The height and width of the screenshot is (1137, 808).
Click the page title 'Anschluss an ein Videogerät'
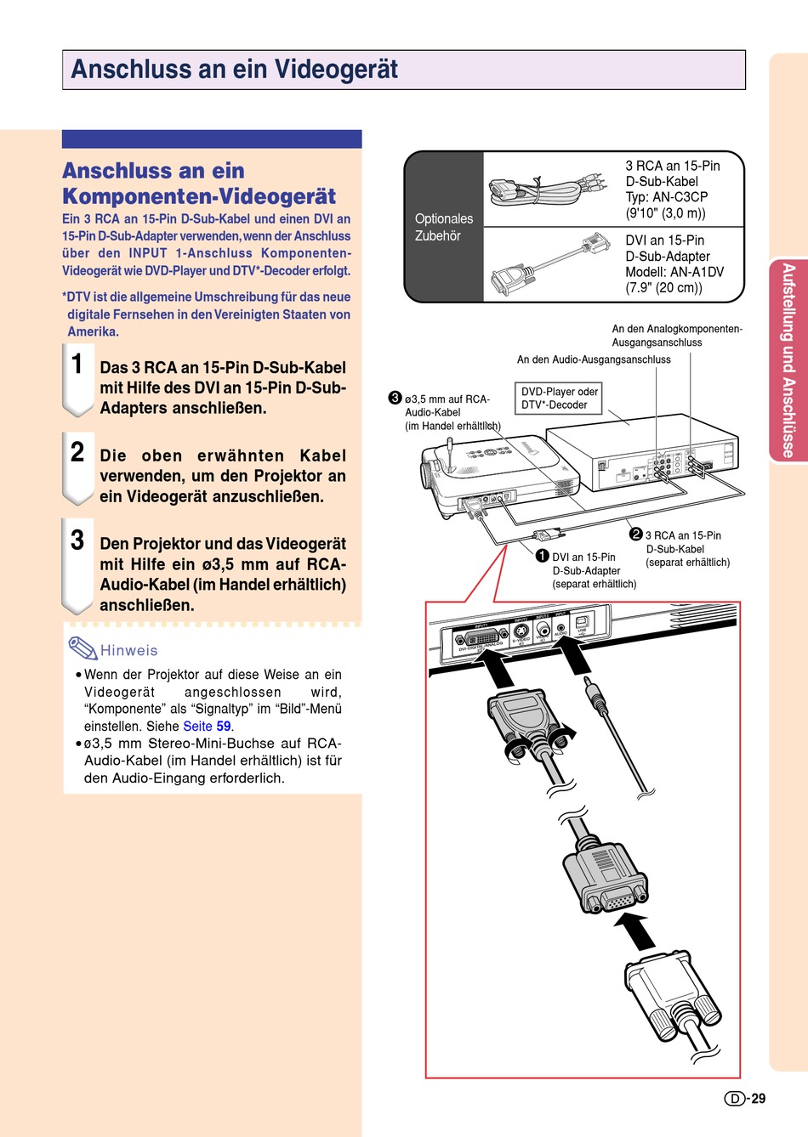click(x=235, y=70)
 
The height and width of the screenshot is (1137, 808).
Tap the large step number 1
click(x=77, y=364)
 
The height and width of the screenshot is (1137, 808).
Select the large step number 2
click(x=77, y=452)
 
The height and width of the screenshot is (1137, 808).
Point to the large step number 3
click(x=77, y=540)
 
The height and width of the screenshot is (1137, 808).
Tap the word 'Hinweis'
click(x=129, y=651)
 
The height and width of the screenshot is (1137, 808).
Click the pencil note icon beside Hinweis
click(x=83, y=648)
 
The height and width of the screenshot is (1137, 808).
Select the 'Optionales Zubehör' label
click(x=443, y=227)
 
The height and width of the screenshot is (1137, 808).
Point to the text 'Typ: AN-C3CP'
click(x=667, y=197)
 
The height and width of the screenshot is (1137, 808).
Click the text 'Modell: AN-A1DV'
click(x=674, y=272)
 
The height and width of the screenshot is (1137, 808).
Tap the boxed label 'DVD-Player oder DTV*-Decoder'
click(x=560, y=399)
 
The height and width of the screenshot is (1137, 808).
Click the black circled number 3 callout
click(x=395, y=398)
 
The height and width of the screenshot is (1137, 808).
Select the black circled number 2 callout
click(x=635, y=535)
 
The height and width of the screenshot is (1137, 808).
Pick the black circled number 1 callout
click(x=543, y=556)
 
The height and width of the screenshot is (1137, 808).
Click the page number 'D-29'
click(x=745, y=1099)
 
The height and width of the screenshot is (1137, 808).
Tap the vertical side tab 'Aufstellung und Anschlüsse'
click(x=788, y=360)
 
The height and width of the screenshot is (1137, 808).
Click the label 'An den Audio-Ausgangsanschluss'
click(x=594, y=359)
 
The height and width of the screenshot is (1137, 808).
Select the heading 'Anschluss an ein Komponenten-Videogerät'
click(x=199, y=184)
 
